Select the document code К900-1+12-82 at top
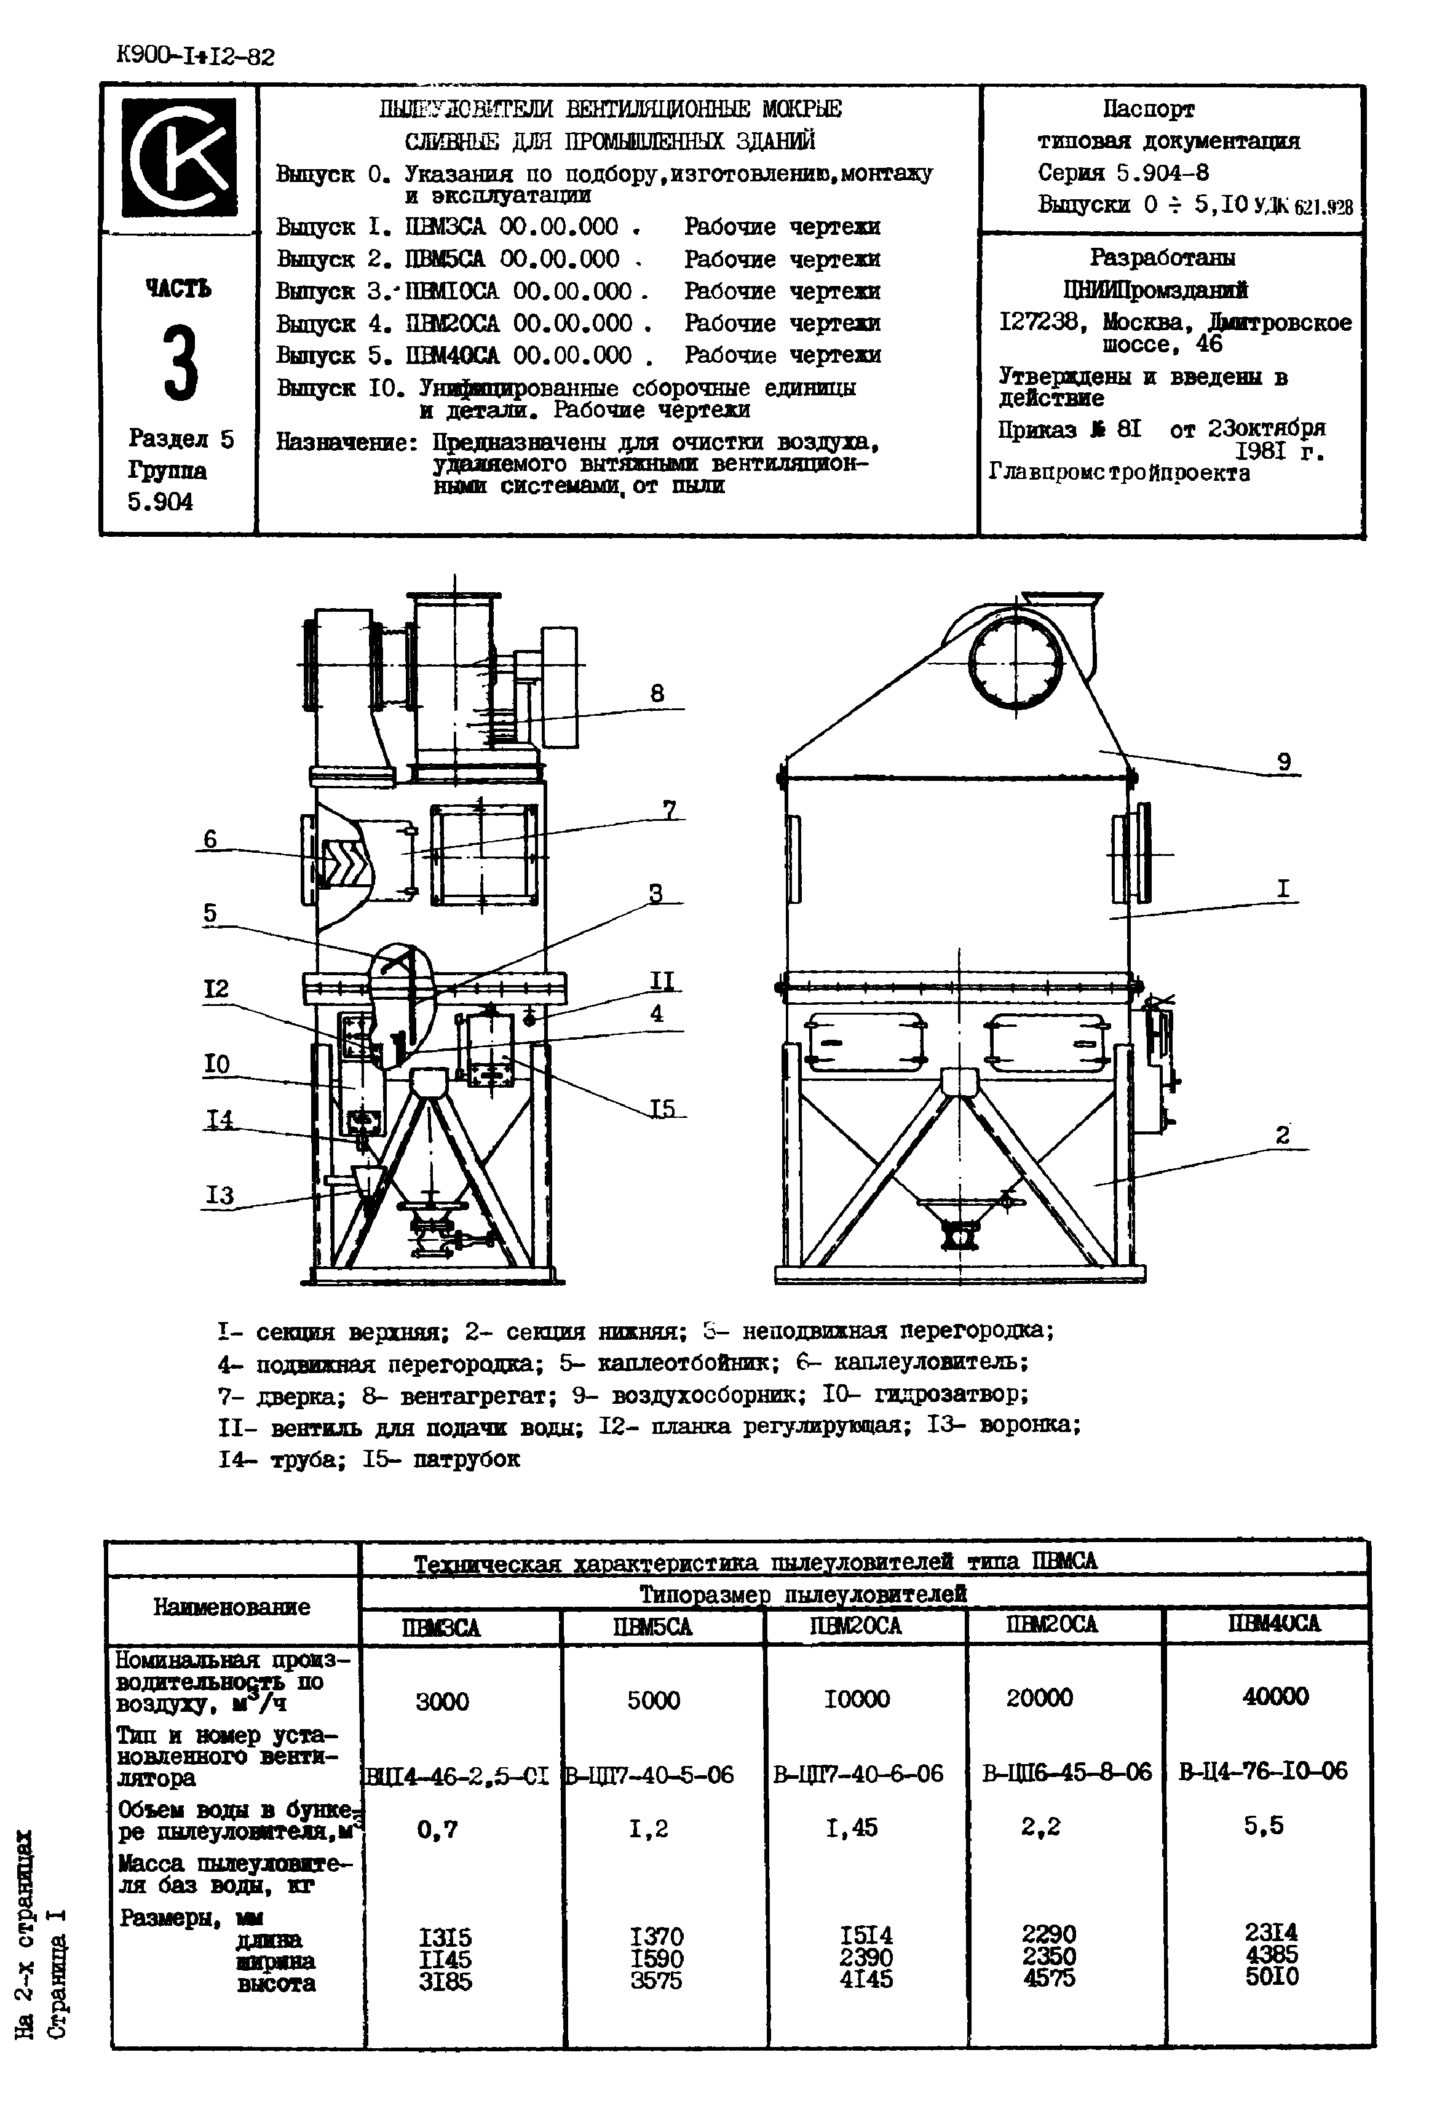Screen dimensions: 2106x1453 [x=196, y=57]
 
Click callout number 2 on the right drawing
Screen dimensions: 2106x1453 [x=1283, y=1135]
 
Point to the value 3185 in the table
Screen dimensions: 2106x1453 [x=445, y=1981]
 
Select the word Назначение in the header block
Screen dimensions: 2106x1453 [x=346, y=443]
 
